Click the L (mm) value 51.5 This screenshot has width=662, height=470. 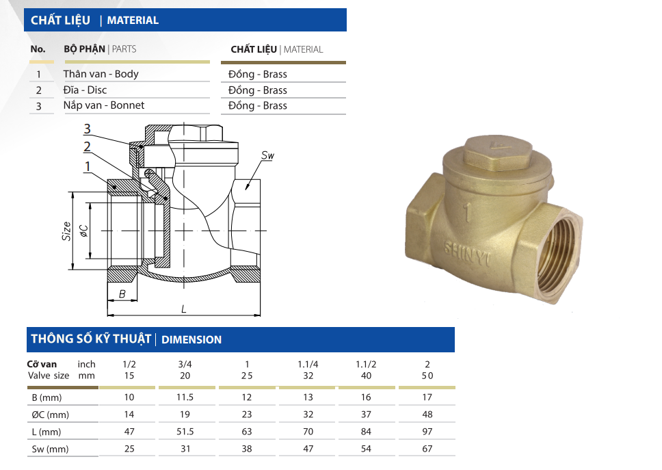pos(185,432)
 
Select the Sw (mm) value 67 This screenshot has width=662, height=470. pos(427,449)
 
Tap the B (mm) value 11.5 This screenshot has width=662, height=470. pos(185,397)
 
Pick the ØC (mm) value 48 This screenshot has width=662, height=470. pos(427,415)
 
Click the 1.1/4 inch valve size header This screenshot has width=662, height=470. pos(308,365)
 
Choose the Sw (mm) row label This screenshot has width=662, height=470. pos(50,449)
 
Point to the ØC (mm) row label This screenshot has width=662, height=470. pos(50,415)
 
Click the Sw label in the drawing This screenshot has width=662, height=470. pos(267,155)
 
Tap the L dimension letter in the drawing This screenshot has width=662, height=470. pos(184,309)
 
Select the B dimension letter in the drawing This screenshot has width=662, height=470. pos(122,294)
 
